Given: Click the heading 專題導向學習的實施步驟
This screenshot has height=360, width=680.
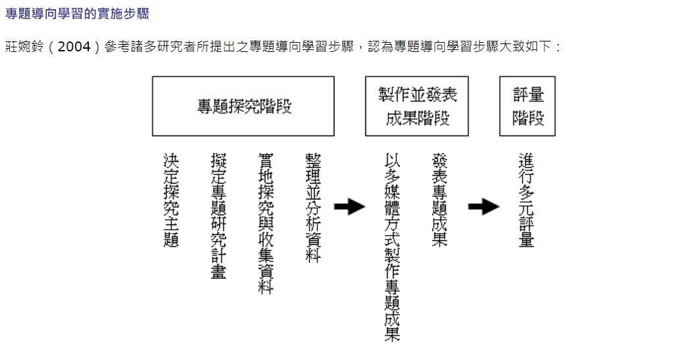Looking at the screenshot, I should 77,13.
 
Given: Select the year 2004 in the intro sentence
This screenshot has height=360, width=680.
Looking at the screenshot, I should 73,48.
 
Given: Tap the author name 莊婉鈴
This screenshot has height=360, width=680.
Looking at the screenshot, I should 24,48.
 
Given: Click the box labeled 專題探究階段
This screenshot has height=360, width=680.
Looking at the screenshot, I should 244,107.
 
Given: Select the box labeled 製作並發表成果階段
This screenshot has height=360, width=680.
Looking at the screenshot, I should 417,107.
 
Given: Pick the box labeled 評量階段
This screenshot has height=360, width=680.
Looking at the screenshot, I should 527,107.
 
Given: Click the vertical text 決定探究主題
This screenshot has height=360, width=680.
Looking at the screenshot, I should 171,200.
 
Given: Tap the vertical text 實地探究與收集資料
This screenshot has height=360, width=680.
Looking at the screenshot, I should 266,224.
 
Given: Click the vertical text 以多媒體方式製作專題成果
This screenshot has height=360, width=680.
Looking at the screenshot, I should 392,247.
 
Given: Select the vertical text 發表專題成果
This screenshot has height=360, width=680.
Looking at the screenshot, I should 440,200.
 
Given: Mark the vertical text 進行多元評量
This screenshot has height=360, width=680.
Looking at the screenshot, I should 526,200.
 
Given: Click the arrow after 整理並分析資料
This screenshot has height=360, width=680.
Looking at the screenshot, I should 350,207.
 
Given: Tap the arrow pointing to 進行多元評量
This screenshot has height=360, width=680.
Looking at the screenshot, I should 484,207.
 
